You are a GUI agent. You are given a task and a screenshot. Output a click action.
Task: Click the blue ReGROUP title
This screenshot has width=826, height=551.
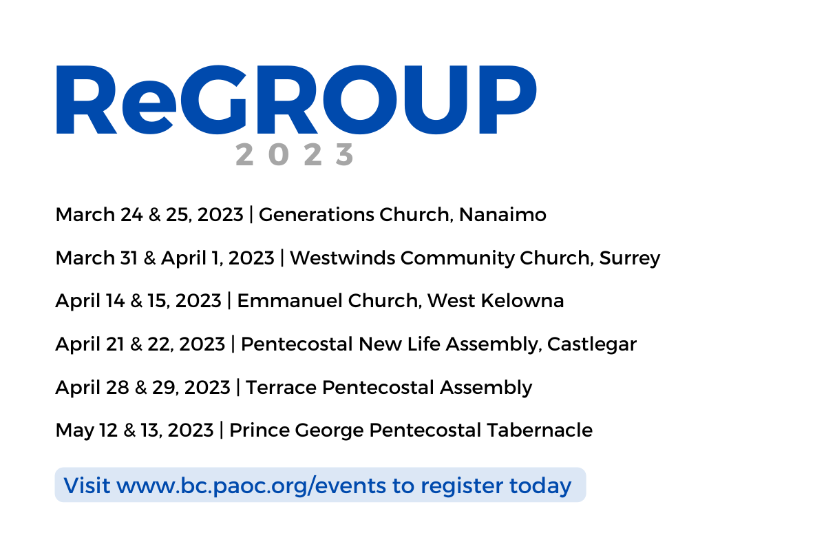coord(296,100)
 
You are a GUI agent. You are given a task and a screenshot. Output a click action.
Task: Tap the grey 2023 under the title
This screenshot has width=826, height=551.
coord(295,154)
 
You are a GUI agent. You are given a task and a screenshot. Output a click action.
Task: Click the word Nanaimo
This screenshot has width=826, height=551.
coord(502,214)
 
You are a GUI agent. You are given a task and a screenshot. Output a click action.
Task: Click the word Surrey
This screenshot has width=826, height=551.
coord(630,258)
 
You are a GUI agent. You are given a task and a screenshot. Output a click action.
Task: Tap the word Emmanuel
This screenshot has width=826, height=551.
coord(290,300)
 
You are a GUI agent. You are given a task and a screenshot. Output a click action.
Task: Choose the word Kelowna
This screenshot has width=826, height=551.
coord(522,300)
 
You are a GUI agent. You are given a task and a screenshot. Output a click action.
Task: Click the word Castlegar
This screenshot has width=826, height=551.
coord(592,344)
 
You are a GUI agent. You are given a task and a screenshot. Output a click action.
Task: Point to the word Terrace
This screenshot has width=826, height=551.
coord(281,387)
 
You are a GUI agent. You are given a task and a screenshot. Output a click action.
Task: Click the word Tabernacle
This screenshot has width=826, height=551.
coord(540,430)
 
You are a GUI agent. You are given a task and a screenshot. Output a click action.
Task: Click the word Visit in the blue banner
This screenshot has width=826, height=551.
coord(87,486)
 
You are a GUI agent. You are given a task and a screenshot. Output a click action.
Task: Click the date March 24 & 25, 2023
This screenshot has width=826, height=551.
coord(149,214)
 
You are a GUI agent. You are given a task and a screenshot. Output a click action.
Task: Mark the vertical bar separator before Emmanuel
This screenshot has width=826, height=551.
coord(229,300)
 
